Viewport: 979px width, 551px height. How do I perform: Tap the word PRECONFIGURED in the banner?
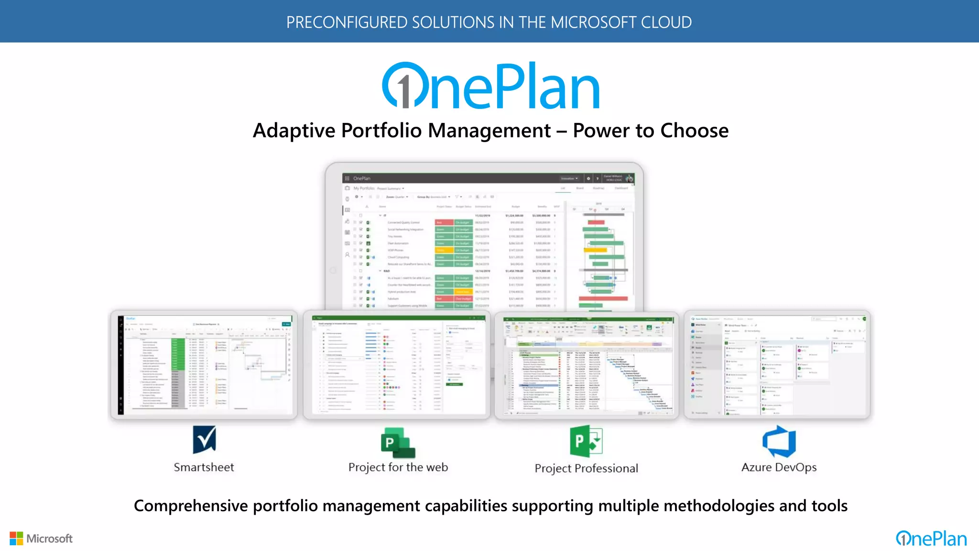pos(347,22)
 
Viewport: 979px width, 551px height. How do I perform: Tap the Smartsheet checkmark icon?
pos(204,439)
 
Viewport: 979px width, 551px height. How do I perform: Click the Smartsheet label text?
pos(204,467)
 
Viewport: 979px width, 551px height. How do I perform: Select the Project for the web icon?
pos(397,443)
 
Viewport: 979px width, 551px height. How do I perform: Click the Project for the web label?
pos(398,467)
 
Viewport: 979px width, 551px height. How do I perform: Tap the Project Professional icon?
pos(586,441)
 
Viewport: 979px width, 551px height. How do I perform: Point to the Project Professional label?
pos(586,468)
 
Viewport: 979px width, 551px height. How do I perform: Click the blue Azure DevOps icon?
pos(779,441)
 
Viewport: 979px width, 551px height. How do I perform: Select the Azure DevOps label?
pos(779,467)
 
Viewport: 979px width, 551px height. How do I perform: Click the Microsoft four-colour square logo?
pos(16,539)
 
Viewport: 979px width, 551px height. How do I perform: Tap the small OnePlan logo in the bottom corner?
pos(931,539)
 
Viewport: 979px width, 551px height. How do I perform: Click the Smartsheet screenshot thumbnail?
pos(204,365)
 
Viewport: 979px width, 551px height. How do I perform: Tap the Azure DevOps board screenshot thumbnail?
pos(777,365)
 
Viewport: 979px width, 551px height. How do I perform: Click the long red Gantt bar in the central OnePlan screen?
pos(603,299)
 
